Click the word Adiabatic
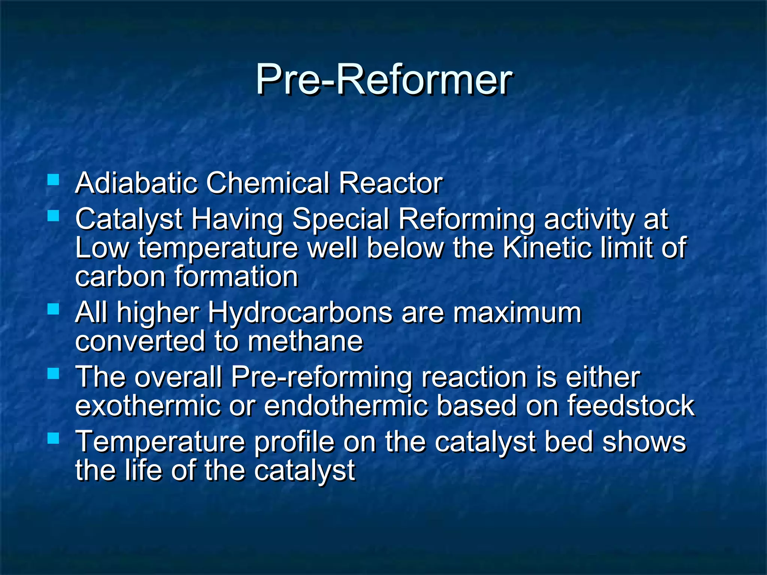coord(136,183)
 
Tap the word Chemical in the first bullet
coord(268,183)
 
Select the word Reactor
coord(391,183)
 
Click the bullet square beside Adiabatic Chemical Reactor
coord(54,180)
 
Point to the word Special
coord(340,219)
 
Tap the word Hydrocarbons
coord(300,313)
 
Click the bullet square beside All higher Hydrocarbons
coord(54,309)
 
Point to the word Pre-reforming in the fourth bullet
coord(321,377)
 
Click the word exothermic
coord(147,406)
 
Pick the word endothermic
coord(346,406)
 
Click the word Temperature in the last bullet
coord(160,442)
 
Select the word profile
coord(294,442)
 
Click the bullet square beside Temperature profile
coord(54,438)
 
